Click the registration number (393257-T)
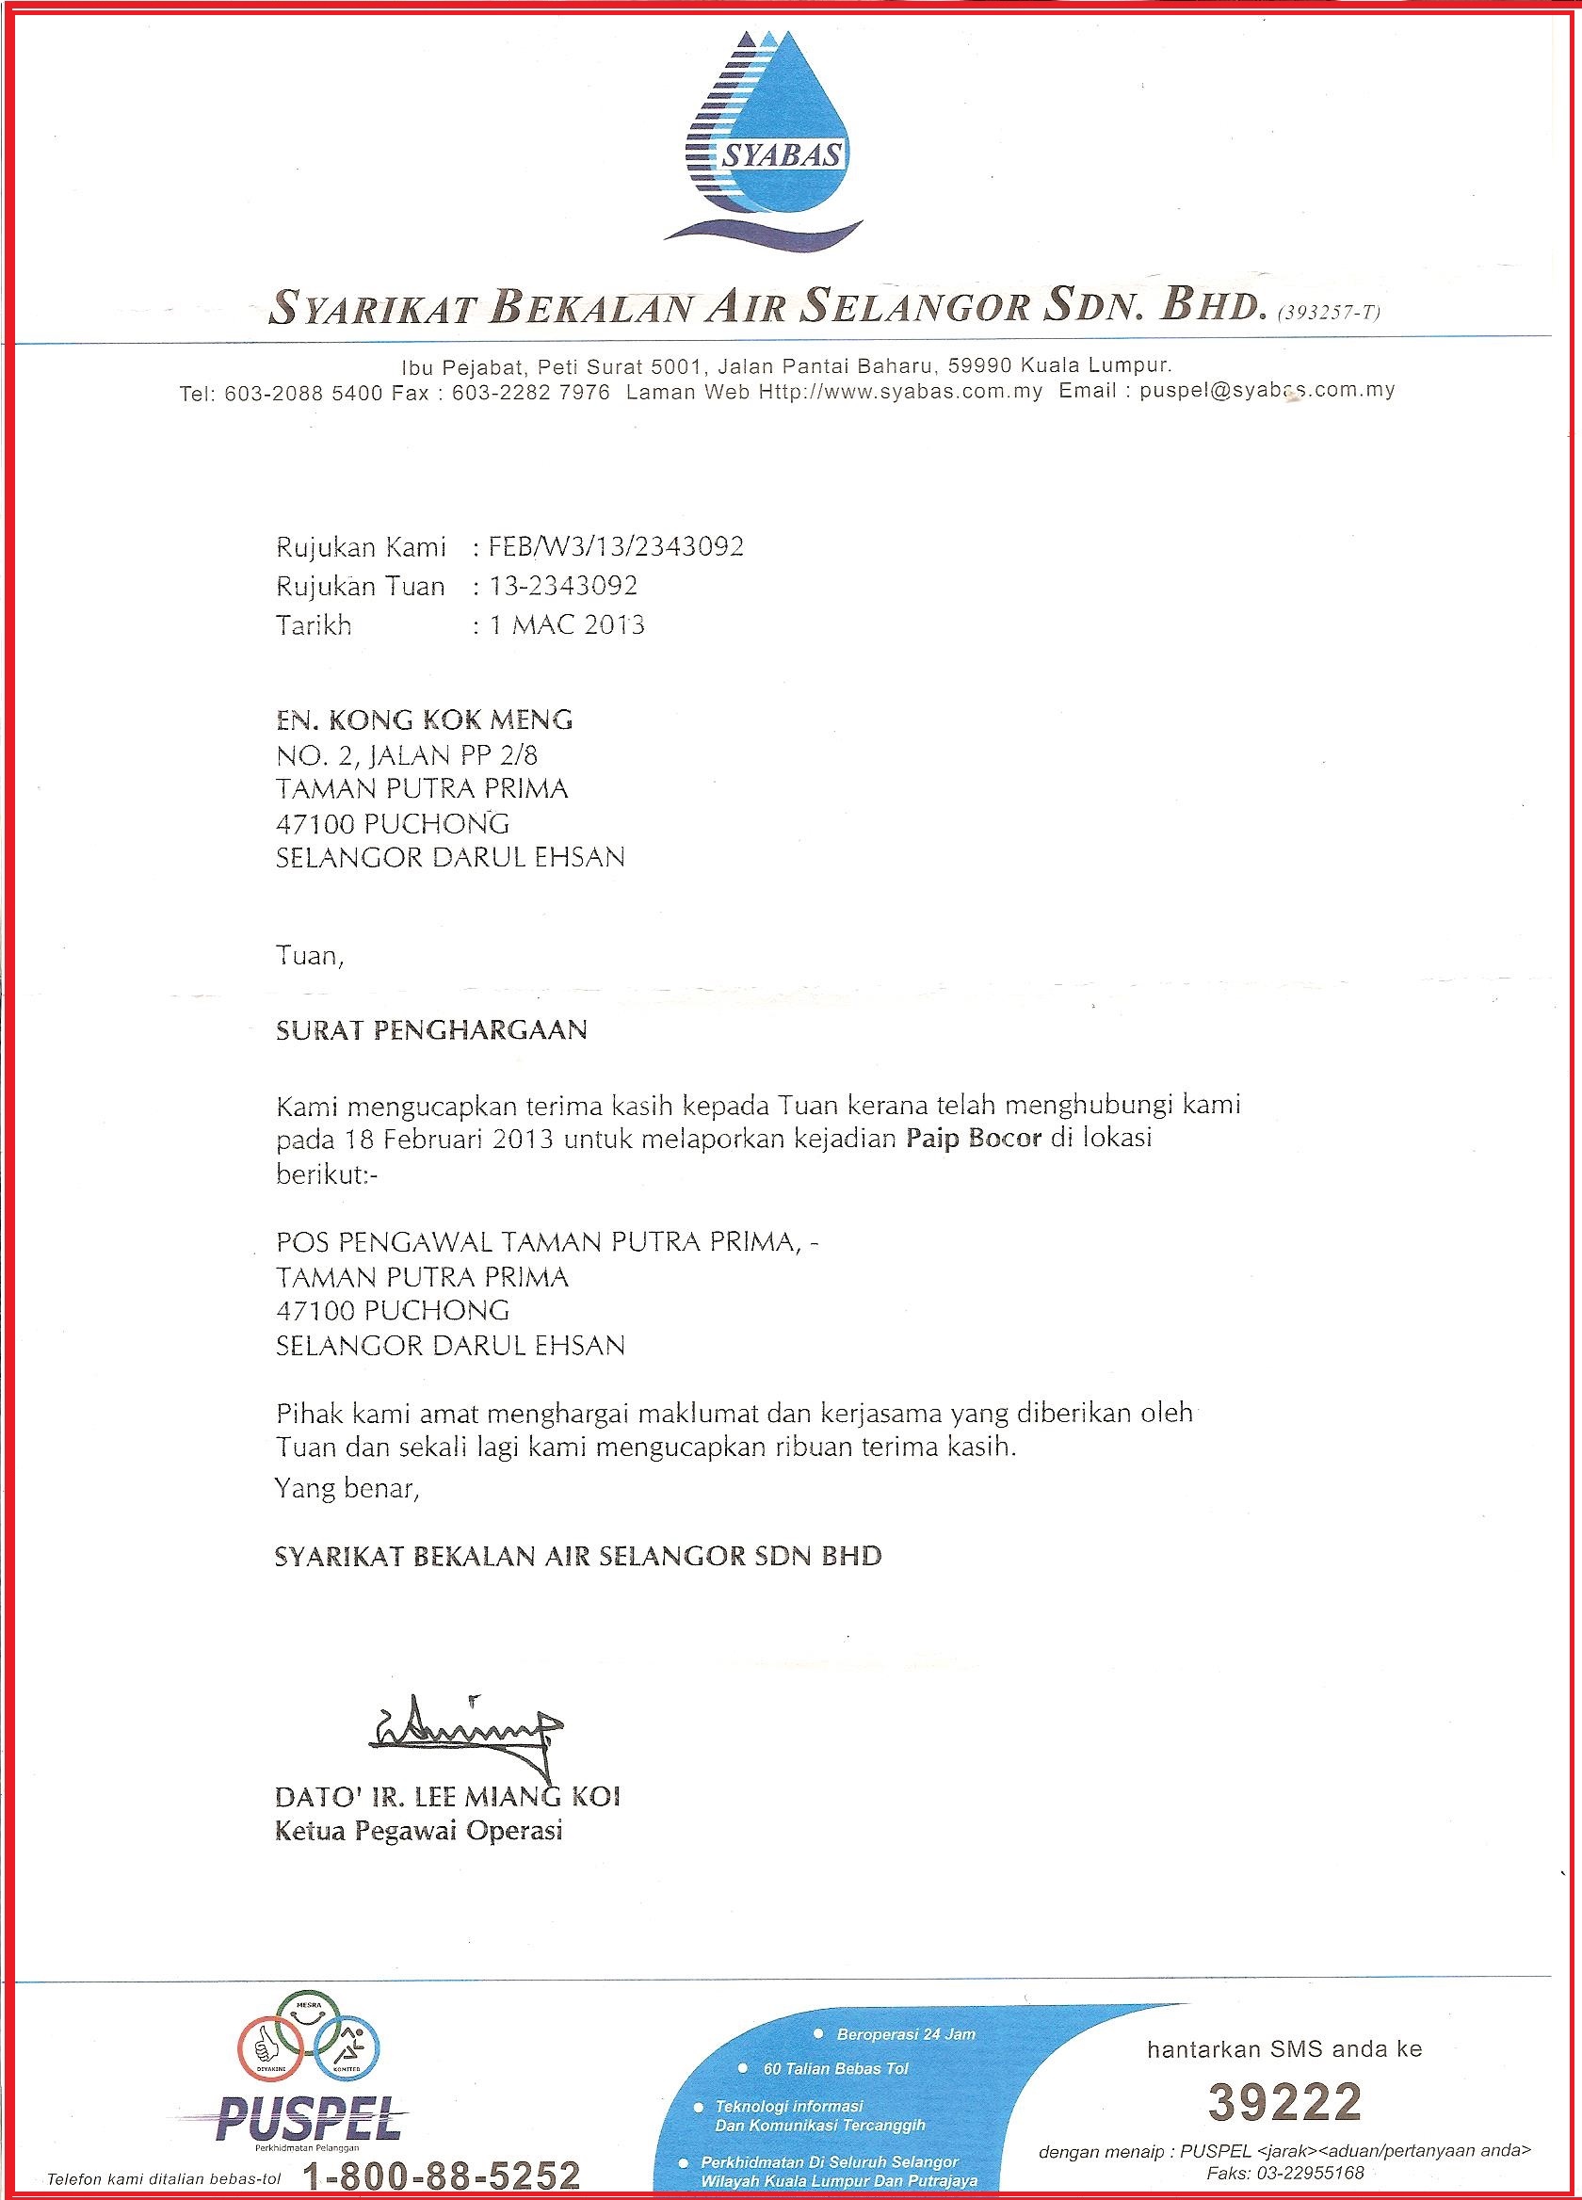(x=1330, y=313)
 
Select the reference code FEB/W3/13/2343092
(x=608, y=547)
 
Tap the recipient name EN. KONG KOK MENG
(x=424, y=720)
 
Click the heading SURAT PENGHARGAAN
(x=431, y=1029)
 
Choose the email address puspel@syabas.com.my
(x=1267, y=391)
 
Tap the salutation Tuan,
(x=311, y=957)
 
